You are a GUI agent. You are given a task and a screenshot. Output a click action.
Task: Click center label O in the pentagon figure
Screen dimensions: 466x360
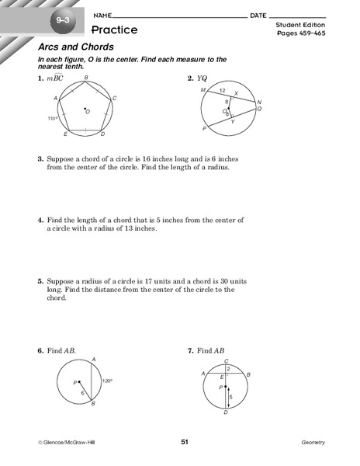point(88,112)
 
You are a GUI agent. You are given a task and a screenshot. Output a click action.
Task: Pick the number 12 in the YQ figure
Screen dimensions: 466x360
point(223,90)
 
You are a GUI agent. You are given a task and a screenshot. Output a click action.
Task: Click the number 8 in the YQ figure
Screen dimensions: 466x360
point(227,101)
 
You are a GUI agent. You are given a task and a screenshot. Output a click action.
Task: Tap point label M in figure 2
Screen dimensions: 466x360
point(202,89)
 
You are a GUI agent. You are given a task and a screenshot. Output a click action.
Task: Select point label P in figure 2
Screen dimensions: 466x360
point(203,128)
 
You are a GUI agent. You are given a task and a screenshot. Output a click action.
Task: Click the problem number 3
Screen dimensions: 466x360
point(40,158)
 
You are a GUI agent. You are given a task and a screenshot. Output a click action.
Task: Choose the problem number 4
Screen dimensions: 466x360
point(40,221)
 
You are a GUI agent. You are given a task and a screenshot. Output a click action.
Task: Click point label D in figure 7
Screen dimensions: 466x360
point(226,414)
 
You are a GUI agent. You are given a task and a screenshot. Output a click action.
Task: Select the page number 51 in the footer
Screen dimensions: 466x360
point(185,443)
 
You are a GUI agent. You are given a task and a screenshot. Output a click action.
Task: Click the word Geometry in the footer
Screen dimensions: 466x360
point(313,443)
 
